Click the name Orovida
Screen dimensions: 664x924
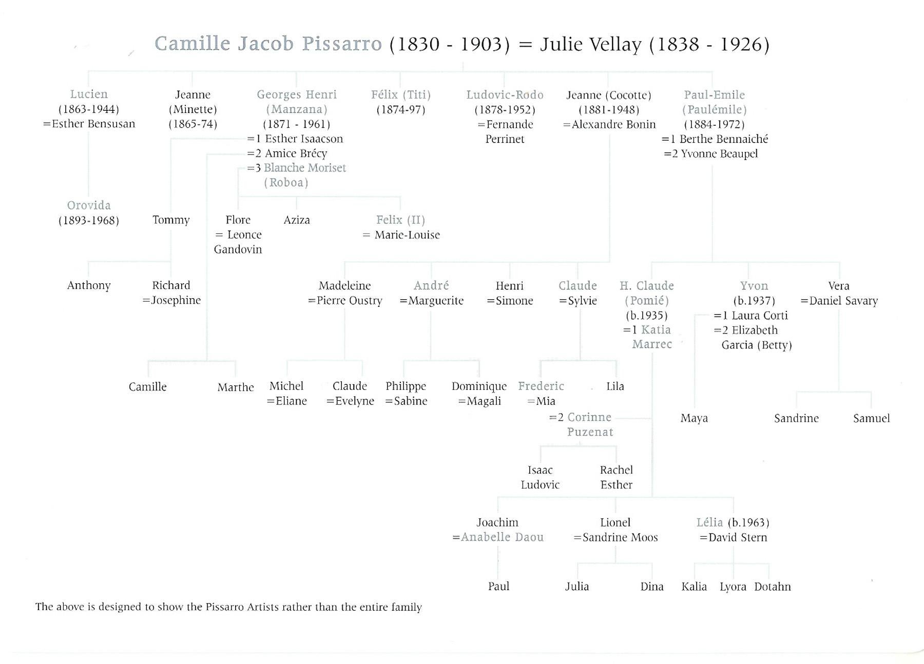click(x=89, y=205)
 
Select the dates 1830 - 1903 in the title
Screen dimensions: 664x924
click(x=450, y=45)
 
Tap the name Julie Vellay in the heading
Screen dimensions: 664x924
click(x=590, y=45)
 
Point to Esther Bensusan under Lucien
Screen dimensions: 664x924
click(x=93, y=124)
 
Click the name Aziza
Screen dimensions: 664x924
click(x=297, y=220)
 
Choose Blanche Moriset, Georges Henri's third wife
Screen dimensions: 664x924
click(x=305, y=168)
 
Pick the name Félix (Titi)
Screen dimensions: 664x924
click(x=401, y=94)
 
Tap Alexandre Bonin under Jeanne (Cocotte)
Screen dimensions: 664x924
click(x=613, y=124)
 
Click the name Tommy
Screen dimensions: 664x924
click(x=171, y=220)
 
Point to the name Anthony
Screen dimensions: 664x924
click(x=89, y=285)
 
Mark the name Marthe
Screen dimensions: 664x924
click(x=236, y=387)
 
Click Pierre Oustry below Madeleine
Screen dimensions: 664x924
click(x=349, y=300)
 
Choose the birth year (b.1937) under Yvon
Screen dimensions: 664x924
click(x=754, y=300)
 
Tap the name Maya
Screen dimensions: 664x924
click(x=694, y=418)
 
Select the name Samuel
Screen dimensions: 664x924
click(x=871, y=418)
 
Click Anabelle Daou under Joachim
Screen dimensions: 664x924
click(x=502, y=537)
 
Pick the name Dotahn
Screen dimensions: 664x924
click(x=772, y=587)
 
